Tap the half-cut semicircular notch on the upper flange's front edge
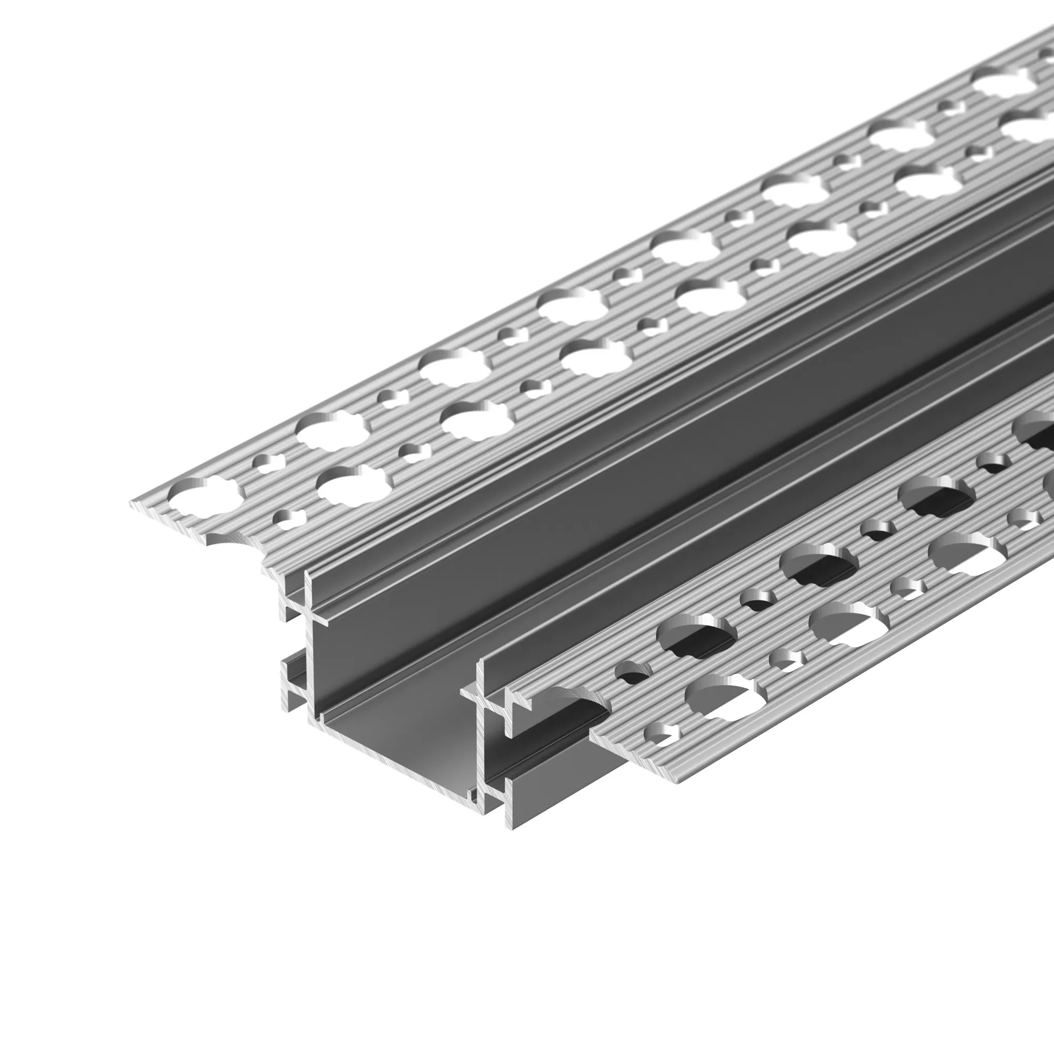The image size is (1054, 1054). [x=226, y=537]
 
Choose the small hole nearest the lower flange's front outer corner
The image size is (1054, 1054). [x=663, y=734]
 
